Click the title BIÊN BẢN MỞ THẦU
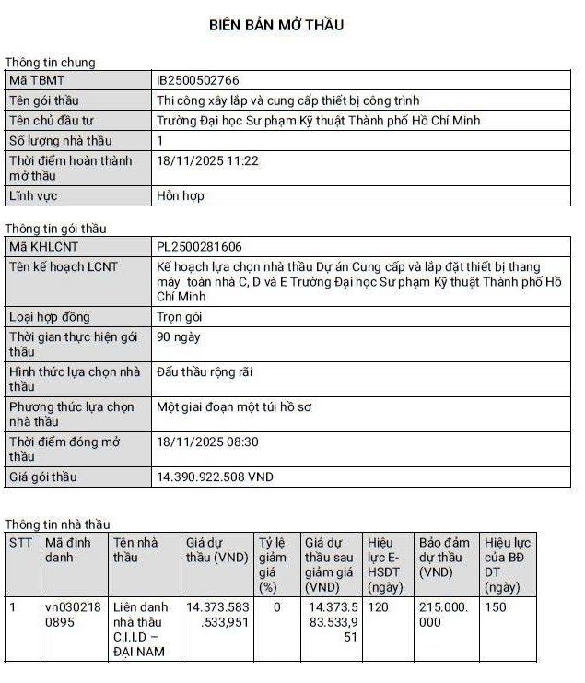tap(276, 25)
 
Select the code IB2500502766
tap(198, 80)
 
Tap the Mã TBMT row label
tap(38, 80)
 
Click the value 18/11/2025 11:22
tap(207, 160)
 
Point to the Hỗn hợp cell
tap(181, 196)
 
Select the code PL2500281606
tap(200, 246)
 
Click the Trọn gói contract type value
tap(180, 317)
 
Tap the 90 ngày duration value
tap(179, 337)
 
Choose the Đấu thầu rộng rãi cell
tap(205, 372)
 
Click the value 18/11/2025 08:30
tap(207, 442)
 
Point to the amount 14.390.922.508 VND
tap(216, 477)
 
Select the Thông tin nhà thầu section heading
tap(57, 524)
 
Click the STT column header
tap(20, 543)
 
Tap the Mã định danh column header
tap(68, 550)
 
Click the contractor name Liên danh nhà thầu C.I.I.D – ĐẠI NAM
tap(140, 630)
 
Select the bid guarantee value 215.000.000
tap(443, 615)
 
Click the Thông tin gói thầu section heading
tap(55, 229)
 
